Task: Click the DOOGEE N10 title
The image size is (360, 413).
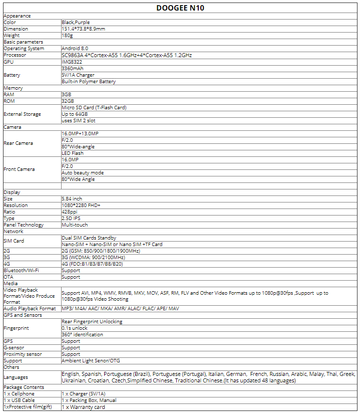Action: point(181,8)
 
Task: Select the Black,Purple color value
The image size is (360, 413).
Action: point(75,23)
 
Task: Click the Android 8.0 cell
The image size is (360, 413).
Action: point(75,49)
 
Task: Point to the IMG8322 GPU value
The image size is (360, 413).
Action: point(72,62)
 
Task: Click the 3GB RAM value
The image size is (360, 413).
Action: point(66,94)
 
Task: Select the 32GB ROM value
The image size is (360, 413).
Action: point(68,101)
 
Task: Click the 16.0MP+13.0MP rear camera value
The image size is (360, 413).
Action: point(80,133)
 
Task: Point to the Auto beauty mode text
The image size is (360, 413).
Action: point(83,172)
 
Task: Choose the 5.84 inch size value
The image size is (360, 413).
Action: point(72,199)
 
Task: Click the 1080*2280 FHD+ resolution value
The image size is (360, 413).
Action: point(81,205)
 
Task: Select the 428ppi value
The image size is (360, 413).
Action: point(70,212)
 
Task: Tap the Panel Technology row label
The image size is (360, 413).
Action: point(24,225)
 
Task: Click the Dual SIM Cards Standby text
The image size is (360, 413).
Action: point(89,238)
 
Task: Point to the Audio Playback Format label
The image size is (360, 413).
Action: point(30,308)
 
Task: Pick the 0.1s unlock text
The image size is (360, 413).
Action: point(75,328)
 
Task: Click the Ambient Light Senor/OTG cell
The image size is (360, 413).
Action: point(91,360)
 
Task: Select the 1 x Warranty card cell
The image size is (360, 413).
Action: point(83,406)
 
